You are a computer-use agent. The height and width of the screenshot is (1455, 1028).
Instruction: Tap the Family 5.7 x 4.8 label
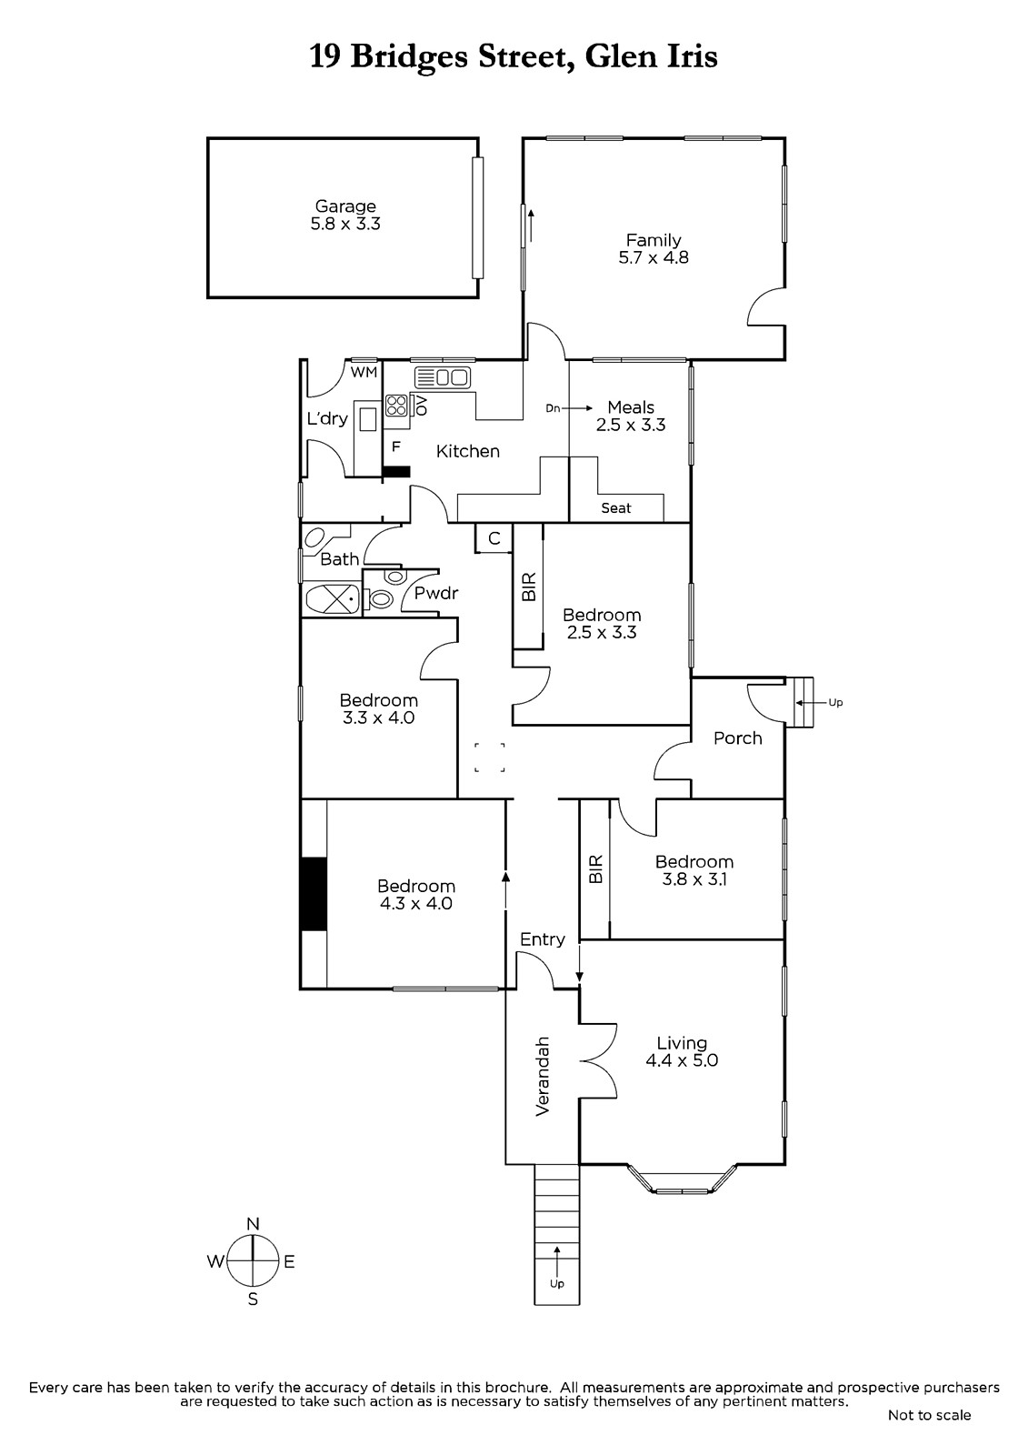654,249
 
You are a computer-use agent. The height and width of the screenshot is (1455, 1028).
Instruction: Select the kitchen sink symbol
443,377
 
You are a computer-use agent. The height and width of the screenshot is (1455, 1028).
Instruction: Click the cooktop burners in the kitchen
396,406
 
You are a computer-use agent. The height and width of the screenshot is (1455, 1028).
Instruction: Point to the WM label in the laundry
364,373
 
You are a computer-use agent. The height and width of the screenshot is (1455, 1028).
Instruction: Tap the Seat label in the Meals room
615,508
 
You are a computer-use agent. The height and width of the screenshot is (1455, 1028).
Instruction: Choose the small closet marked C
494,538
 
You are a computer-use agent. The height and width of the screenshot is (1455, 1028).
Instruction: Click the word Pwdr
436,593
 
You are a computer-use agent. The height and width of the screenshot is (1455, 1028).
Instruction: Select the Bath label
340,559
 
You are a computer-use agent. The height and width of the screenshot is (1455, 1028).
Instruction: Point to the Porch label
738,738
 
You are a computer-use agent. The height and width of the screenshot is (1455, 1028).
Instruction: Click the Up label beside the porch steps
836,702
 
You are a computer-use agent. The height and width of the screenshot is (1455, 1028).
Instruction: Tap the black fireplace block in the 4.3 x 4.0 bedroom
314,895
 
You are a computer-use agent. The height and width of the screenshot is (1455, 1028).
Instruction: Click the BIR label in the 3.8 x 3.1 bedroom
595,868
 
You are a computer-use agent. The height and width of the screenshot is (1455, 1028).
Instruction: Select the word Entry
543,940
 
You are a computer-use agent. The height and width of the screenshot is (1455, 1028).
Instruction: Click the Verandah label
543,1076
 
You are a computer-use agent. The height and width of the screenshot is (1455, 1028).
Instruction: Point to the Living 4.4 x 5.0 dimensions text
681,1060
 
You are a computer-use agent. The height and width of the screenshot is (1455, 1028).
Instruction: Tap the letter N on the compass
254,1224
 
